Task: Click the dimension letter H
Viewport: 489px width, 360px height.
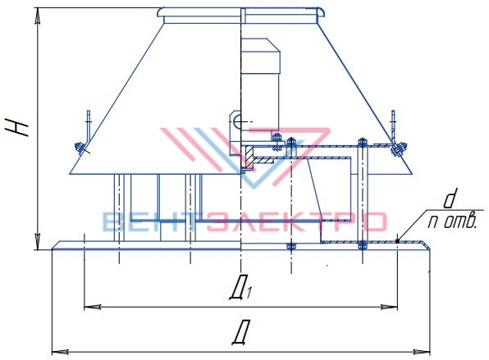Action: pyautogui.click(x=18, y=127)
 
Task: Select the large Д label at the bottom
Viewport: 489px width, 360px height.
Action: pyautogui.click(x=241, y=332)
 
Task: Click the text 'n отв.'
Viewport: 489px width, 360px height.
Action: pyautogui.click(x=452, y=221)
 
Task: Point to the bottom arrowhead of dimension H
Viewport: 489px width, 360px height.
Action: pyautogui.click(x=38, y=242)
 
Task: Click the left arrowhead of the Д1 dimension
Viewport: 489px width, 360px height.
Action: pyautogui.click(x=93, y=307)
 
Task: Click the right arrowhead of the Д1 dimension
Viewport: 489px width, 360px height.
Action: pyautogui.click(x=390, y=307)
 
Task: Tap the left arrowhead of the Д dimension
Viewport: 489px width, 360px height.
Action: pyautogui.click(x=60, y=352)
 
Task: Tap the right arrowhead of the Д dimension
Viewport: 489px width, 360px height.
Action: pyautogui.click(x=423, y=352)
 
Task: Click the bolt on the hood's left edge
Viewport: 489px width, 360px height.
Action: pyautogui.click(x=80, y=148)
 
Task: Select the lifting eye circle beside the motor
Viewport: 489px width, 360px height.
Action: pyautogui.click(x=236, y=121)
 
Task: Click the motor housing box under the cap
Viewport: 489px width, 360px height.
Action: pyautogui.click(x=260, y=84)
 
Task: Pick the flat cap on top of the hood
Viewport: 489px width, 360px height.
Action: pyautogui.click(x=241, y=16)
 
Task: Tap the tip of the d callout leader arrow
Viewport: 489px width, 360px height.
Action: pyautogui.click(x=397, y=241)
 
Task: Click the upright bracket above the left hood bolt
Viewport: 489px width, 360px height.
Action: pyautogui.click(x=89, y=125)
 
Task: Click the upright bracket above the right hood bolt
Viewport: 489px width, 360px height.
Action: pyautogui.click(x=393, y=125)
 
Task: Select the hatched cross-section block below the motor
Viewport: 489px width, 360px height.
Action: pyautogui.click(x=249, y=157)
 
